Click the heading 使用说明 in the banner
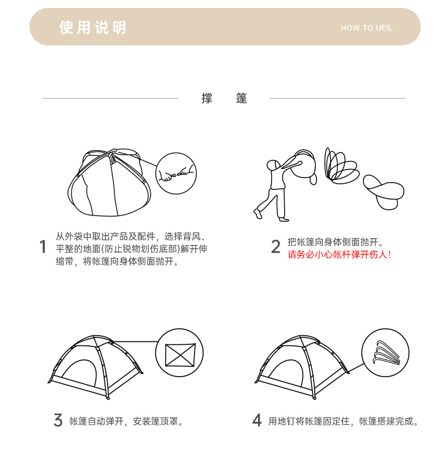(x=93, y=28)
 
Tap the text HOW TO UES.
(x=367, y=28)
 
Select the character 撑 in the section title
(x=207, y=98)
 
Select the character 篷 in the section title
(x=242, y=98)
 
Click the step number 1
(x=43, y=247)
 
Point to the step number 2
(x=276, y=247)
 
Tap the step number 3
(x=58, y=420)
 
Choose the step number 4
(x=257, y=420)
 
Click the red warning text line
(x=339, y=255)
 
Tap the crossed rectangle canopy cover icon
(x=180, y=355)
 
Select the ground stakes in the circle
(x=386, y=353)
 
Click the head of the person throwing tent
(x=273, y=165)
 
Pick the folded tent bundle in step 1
(x=109, y=183)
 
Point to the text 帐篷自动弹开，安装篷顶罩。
(x=126, y=421)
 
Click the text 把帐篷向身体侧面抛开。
(x=335, y=242)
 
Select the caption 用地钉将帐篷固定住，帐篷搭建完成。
(x=343, y=421)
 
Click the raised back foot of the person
(x=257, y=214)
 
